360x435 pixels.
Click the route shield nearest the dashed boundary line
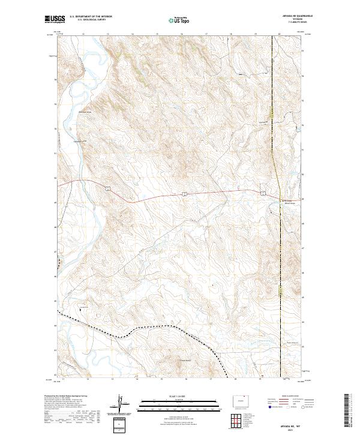[263, 193]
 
